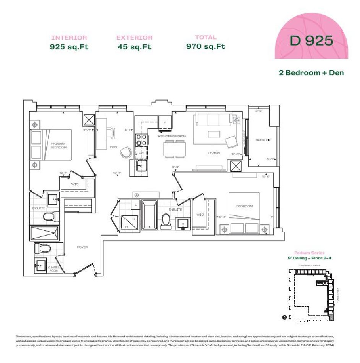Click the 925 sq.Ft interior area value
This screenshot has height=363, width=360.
[69, 47]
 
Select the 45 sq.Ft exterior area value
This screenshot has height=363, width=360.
[135, 47]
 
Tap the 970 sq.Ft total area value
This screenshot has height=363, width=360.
[206, 47]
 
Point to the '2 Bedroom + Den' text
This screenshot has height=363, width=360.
[311, 73]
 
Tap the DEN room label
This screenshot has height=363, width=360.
[113, 147]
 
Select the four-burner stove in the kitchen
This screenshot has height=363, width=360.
[141, 140]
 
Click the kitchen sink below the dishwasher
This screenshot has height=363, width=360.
[142, 166]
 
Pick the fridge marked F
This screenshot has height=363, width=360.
[165, 122]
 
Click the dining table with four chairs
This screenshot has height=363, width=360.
[175, 149]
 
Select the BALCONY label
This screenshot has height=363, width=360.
[263, 140]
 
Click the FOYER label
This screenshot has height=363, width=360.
[82, 247]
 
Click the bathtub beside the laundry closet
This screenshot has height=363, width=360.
[149, 215]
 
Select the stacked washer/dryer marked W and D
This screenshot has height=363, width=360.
[128, 222]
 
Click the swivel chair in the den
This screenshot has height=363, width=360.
[125, 152]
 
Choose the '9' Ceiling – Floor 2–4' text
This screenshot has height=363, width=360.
[309, 258]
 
